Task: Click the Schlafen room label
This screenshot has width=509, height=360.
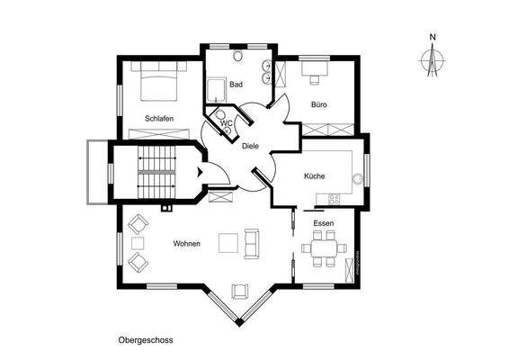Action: click(158, 118)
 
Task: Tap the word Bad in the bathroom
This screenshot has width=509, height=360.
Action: click(236, 85)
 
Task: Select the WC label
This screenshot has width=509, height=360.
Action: click(227, 122)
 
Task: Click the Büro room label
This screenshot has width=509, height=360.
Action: click(318, 104)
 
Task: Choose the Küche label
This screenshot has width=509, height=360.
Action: click(314, 176)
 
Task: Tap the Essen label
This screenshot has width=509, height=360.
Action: click(323, 222)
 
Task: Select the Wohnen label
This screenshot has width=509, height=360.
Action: click(186, 244)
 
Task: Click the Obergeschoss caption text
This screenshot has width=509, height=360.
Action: click(145, 341)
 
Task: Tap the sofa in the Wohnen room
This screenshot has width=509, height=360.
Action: click(251, 241)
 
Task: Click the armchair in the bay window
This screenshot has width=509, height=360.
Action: click(240, 290)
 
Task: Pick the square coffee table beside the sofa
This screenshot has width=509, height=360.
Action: click(230, 242)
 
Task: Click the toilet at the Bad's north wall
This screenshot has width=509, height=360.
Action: click(237, 56)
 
